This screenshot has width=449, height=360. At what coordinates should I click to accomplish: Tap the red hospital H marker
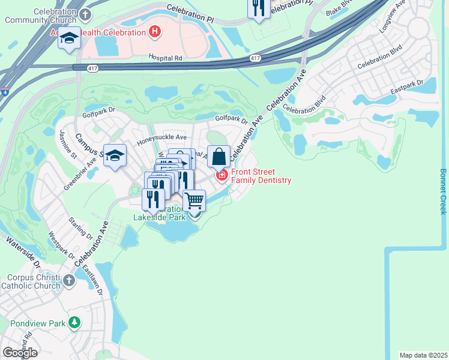tap(155, 31)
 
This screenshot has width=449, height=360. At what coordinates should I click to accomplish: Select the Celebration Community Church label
tap(38, 16)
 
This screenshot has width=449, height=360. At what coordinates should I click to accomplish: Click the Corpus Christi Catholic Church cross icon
tap(69, 280)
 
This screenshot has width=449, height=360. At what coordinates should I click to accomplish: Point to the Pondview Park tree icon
tap(74, 323)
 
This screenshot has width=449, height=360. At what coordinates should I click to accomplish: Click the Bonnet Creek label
tap(443, 191)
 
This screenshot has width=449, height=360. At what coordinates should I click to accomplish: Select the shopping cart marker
tap(194, 200)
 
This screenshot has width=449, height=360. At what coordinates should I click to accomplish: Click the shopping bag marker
tap(219, 156)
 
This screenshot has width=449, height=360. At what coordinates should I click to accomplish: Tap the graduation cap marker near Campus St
tap(115, 155)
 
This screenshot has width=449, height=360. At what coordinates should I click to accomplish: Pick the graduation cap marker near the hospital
tap(70, 38)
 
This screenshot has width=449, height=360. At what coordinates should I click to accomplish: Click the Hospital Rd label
tap(165, 58)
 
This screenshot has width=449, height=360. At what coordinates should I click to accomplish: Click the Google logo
tap(20, 353)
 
